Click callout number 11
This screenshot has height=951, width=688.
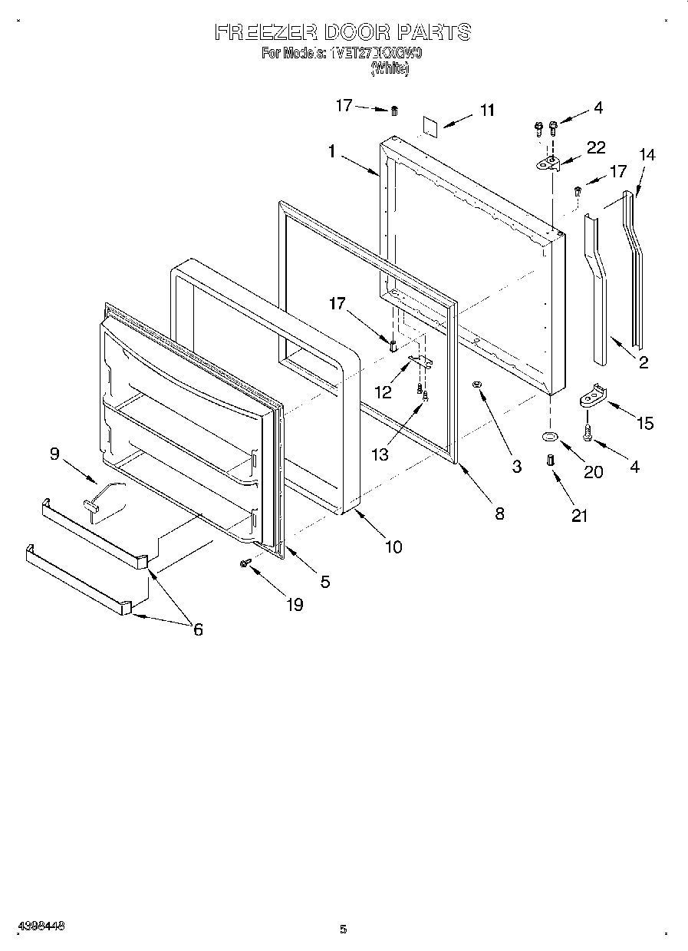click(487, 111)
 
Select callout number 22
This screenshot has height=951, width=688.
click(596, 148)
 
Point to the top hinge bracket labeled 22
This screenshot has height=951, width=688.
click(548, 162)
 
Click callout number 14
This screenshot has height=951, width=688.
click(647, 154)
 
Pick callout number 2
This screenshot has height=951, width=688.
click(643, 362)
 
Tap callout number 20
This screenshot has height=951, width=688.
click(593, 472)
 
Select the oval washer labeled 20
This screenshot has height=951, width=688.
click(550, 436)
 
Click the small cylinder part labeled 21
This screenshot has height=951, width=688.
click(550, 460)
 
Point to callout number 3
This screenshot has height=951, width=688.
click(516, 466)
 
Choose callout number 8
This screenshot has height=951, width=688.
click(499, 514)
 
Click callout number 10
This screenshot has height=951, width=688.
click(393, 547)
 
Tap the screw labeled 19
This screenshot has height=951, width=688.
click(246, 563)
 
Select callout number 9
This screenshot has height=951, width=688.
click(54, 454)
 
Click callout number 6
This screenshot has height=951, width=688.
click(198, 629)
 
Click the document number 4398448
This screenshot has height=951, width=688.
click(39, 926)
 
